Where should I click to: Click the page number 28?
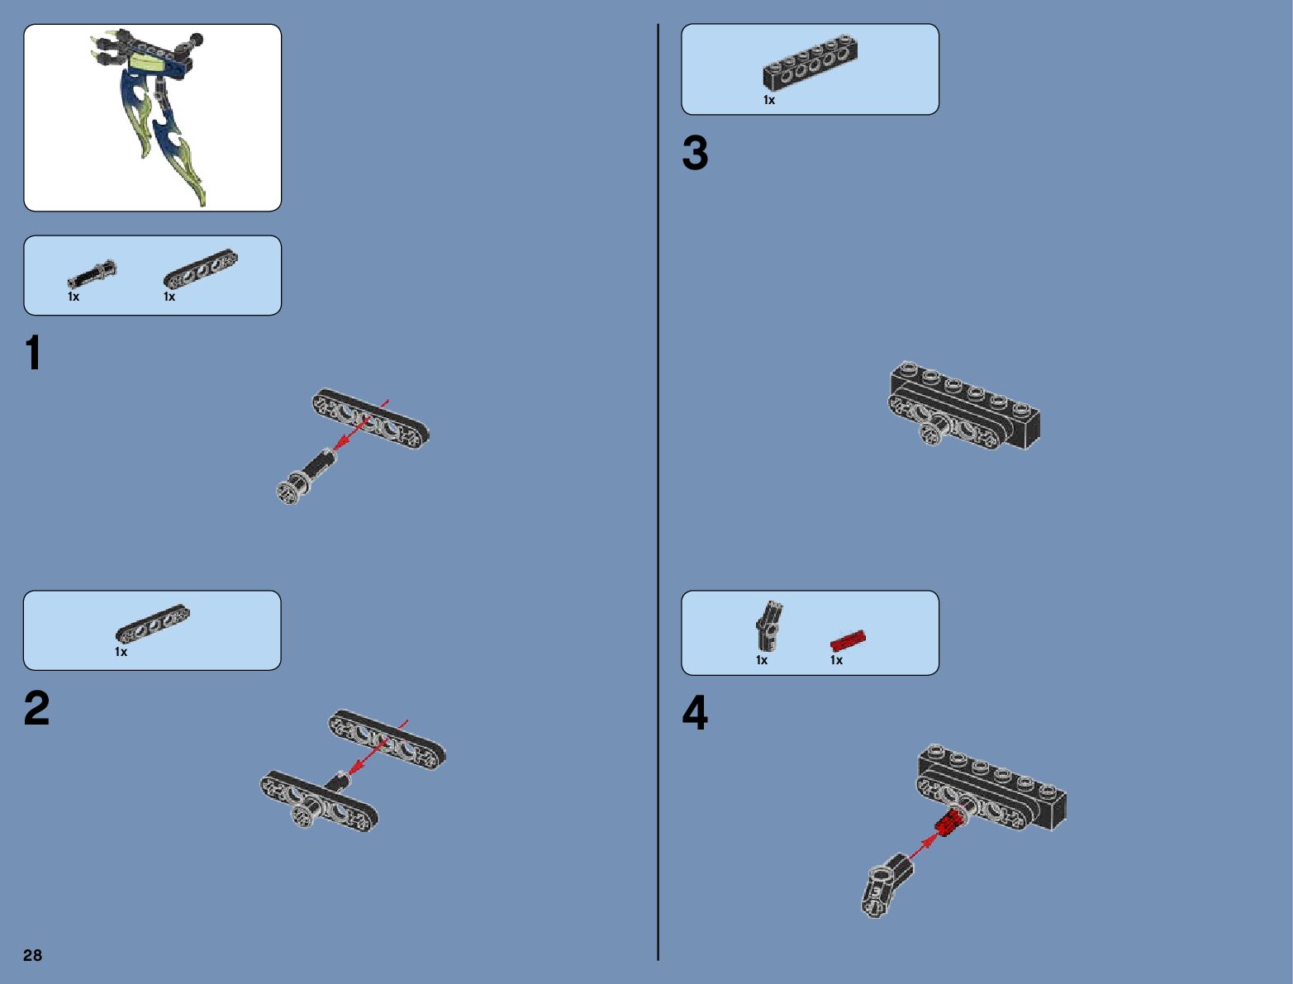[x=32, y=955]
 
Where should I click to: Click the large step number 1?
[x=33, y=354]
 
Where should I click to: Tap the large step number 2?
[x=36, y=709]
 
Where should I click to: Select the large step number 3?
[x=695, y=154]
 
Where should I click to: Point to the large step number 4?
[x=695, y=713]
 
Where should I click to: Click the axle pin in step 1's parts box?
[x=92, y=273]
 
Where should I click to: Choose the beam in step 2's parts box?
[x=152, y=623]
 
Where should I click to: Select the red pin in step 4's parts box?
[x=848, y=640]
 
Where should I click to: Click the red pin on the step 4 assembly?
[x=950, y=821]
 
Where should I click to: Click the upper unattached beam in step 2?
[x=387, y=736]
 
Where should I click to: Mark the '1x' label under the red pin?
[x=836, y=660]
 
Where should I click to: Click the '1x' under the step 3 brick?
[x=769, y=100]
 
